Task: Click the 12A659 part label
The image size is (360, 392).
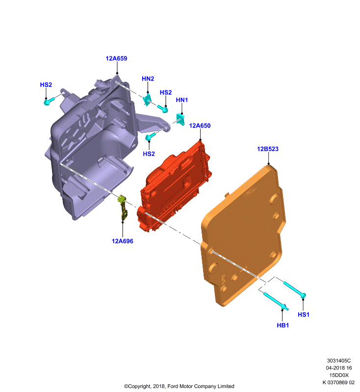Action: pos(116,58)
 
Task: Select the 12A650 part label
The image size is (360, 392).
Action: pos(200,126)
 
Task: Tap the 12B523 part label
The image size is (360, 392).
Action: pos(268,149)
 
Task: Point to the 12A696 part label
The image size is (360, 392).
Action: pos(122,241)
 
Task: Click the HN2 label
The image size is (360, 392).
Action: pos(148,79)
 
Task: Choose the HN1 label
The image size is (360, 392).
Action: pos(182,100)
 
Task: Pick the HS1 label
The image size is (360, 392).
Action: pos(304,315)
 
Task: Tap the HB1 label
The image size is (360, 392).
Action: pos(283,325)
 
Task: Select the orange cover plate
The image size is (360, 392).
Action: pos(243,235)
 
